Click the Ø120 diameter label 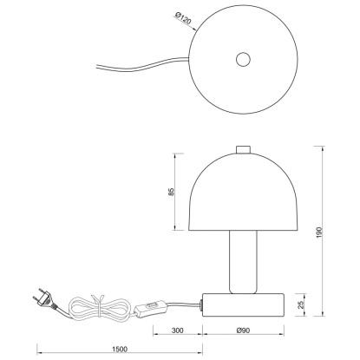(x=183, y=18)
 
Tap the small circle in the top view (x=243, y=60)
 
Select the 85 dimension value (x=172, y=192)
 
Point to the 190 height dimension (x=319, y=232)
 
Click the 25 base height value (x=301, y=304)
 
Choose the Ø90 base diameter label (x=243, y=331)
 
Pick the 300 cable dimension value (x=178, y=331)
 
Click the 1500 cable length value (x=120, y=350)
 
